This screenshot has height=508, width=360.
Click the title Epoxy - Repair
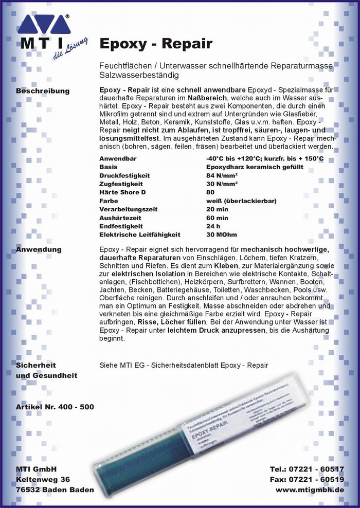coord(155,44)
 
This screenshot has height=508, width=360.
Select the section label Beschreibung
coord(43,91)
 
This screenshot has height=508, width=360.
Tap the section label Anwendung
coord(39,249)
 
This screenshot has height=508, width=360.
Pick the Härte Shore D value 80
coord(210,192)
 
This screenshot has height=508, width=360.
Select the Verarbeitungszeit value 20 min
coord(217,209)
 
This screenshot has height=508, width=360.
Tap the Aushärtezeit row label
coord(120,218)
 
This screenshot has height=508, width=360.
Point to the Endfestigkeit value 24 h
coord(213,226)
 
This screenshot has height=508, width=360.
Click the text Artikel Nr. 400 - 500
coord(55,407)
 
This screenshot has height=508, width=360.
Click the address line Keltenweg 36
coord(43,479)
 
